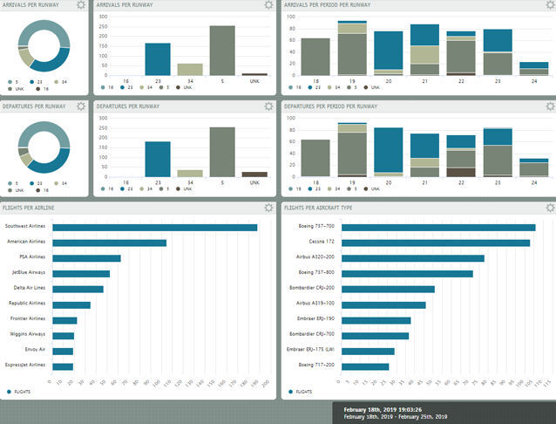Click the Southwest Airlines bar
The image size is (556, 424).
[x=154, y=228]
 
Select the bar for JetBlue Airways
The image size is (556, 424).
[x=81, y=274]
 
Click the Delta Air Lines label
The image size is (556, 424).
[x=31, y=289]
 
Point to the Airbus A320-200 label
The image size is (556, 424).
[x=316, y=258]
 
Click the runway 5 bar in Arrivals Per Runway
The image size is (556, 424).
[x=221, y=51]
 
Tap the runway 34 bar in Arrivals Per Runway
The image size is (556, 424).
[x=189, y=70]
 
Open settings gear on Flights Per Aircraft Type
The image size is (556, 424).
[x=549, y=209]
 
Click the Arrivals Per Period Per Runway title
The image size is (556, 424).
[x=327, y=5]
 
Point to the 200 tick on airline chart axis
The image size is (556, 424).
[x=266, y=382]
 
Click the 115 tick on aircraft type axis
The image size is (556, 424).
[x=547, y=382]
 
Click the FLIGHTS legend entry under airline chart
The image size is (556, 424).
[x=20, y=393]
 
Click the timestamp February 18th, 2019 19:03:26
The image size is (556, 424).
[x=383, y=409]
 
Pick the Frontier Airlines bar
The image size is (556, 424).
[x=64, y=320]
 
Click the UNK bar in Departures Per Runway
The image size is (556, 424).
[x=254, y=174]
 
